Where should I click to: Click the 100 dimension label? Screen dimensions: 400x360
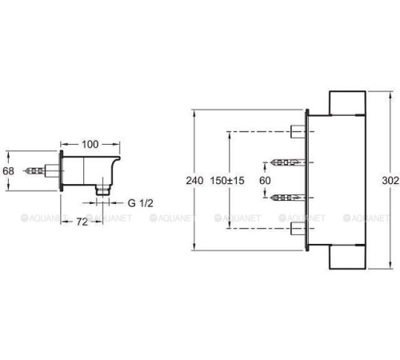[x=90, y=144]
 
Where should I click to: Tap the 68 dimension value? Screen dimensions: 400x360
[x=8, y=171]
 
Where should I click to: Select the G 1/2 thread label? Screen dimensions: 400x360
[x=141, y=203]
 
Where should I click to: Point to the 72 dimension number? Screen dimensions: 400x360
[x=82, y=222]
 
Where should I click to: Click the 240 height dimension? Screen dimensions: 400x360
[x=194, y=181]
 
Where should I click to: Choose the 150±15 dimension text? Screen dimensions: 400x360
[x=227, y=181]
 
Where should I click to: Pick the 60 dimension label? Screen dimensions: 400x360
[x=265, y=181]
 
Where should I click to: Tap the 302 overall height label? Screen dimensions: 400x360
[x=390, y=181]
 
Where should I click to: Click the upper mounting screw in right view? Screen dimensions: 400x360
[x=287, y=162]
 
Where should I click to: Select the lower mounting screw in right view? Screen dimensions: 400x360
[x=287, y=198]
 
